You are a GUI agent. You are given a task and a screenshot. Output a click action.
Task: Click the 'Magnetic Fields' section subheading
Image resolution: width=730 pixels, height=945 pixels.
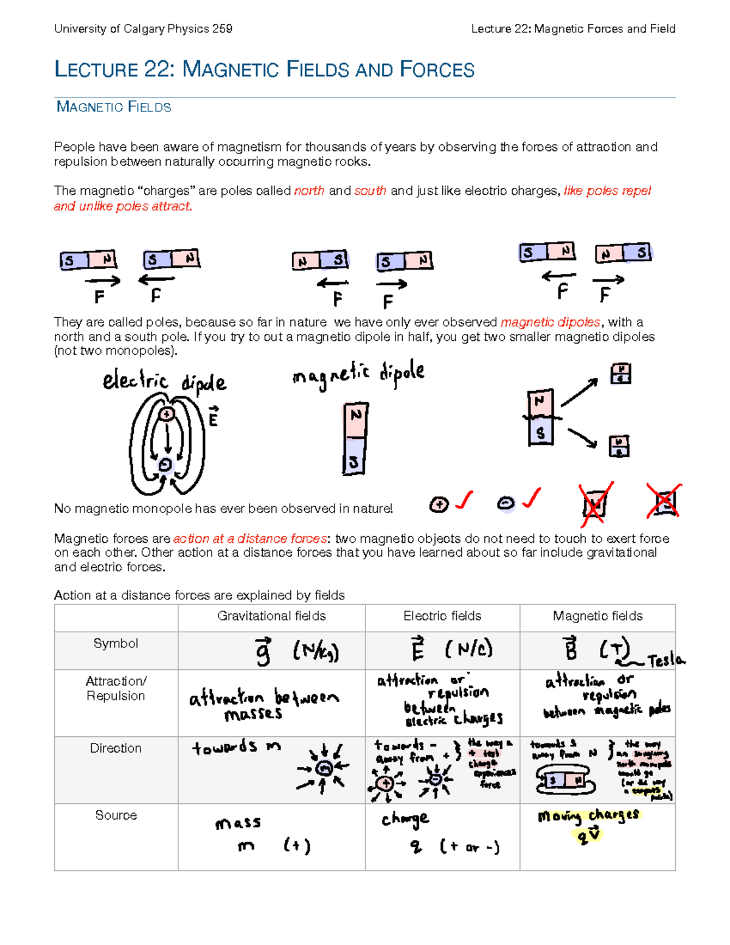114,107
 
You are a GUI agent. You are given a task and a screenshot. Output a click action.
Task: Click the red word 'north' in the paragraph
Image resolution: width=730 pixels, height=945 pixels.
309,191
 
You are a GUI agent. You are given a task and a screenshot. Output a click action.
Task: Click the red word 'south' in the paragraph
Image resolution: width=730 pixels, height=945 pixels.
370,191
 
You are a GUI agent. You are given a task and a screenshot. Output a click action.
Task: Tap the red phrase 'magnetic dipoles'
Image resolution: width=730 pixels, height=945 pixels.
550,323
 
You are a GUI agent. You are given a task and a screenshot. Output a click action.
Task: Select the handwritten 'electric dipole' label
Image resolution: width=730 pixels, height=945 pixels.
164,382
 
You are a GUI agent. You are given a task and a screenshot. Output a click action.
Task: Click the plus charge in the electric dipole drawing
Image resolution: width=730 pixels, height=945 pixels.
166,414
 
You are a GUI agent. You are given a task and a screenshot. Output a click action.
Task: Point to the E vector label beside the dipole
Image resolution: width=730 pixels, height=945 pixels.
213,417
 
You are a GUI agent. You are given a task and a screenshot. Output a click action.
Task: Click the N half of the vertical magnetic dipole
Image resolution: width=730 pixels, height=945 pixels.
356,419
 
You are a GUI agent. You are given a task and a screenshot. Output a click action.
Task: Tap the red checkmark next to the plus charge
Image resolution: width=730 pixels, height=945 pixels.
465,500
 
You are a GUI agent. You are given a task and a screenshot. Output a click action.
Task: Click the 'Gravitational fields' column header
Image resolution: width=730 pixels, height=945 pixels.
271,616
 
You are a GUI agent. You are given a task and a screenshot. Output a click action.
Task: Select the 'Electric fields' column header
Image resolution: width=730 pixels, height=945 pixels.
442,616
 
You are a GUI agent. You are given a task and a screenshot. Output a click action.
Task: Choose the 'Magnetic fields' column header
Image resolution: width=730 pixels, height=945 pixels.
597,616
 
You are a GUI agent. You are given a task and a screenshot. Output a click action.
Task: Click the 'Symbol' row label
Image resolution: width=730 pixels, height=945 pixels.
116,644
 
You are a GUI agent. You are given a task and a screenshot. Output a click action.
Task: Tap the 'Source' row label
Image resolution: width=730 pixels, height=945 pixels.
116,815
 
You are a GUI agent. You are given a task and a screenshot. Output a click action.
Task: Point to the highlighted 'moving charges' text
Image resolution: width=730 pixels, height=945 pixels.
588,816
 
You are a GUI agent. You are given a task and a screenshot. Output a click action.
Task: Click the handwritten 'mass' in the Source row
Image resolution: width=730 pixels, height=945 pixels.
238,823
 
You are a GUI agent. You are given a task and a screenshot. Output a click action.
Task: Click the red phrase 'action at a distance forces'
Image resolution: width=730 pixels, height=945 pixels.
250,539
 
